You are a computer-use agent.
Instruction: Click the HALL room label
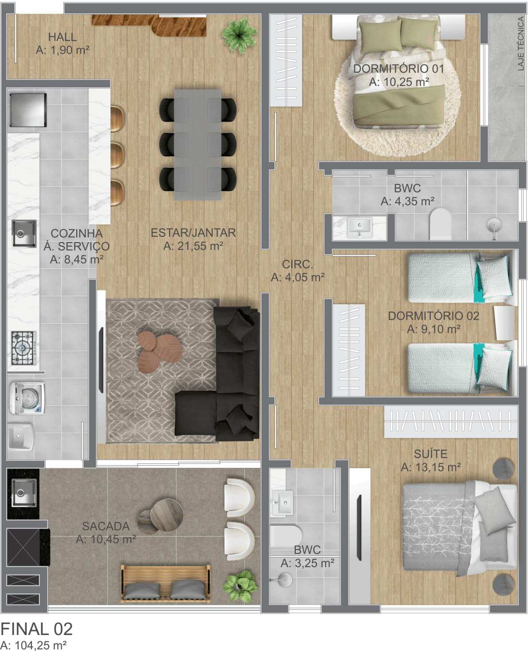(x=63, y=37)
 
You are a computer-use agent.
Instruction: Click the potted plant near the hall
(x=239, y=35)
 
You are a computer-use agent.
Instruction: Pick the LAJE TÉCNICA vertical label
(x=521, y=43)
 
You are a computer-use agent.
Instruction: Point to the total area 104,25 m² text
(x=33, y=644)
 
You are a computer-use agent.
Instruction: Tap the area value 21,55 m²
(x=193, y=246)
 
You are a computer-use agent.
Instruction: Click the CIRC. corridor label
(x=297, y=264)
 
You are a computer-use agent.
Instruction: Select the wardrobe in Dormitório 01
(x=286, y=60)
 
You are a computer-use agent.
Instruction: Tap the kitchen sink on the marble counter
(x=24, y=233)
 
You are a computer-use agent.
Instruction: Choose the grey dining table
(x=198, y=145)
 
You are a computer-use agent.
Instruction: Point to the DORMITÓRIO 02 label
(x=434, y=316)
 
